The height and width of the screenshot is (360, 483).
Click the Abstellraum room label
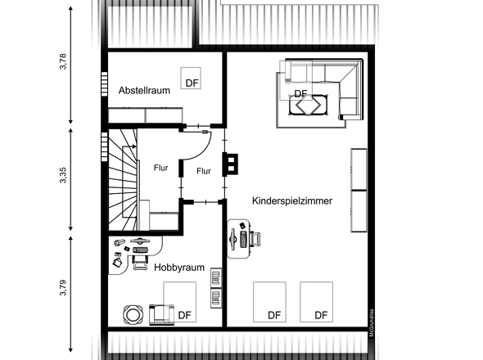pyautogui.click(x=144, y=91)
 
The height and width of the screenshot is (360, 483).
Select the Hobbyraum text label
pyautogui.click(x=178, y=267)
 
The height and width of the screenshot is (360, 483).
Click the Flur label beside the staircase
pyautogui.click(x=160, y=168)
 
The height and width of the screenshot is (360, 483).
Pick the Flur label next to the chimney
pyautogui.click(x=204, y=171)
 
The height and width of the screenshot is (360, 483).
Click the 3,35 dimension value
pyautogui.click(x=63, y=177)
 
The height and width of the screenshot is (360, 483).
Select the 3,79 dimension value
pyautogui.click(x=63, y=290)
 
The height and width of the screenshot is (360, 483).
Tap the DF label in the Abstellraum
pyautogui.click(x=192, y=83)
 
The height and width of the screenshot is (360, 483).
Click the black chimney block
pyautogui.click(x=232, y=164)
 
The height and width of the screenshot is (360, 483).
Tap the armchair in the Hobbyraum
pyautogui.click(x=160, y=313)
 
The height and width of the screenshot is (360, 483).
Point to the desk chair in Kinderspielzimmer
pyautogui.click(x=255, y=238)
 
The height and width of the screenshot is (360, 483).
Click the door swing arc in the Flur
pyautogui.click(x=192, y=151)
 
